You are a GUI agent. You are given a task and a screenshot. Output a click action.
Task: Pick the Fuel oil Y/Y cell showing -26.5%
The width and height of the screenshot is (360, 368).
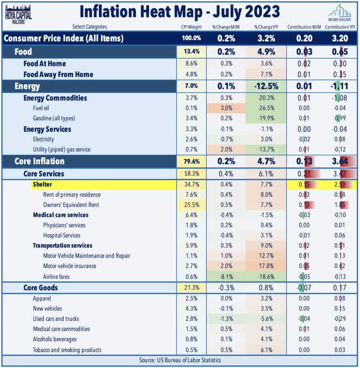(264, 109)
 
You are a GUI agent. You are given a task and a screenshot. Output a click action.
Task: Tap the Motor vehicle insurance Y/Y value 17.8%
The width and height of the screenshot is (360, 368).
(264, 266)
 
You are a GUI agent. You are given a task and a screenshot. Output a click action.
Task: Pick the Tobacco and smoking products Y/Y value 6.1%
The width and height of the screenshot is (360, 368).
(264, 349)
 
